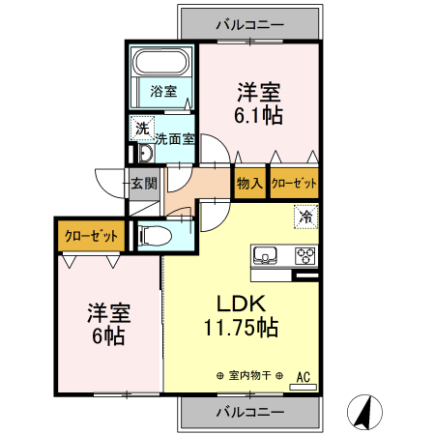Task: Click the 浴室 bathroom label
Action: (x=163, y=92)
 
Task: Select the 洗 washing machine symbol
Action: (x=141, y=127)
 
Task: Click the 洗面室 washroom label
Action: (x=176, y=138)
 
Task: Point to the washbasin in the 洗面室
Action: (x=145, y=155)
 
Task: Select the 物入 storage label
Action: (x=248, y=182)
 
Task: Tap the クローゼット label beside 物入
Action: (x=294, y=182)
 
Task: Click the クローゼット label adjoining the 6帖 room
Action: (x=92, y=235)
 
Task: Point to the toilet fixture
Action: (x=155, y=235)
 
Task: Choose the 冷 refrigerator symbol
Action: (x=305, y=217)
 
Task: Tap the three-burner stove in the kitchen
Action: (x=304, y=256)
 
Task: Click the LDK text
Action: (x=241, y=302)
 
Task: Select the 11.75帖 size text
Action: (x=241, y=328)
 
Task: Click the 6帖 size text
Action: (x=108, y=336)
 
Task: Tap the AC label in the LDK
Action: (x=303, y=377)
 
